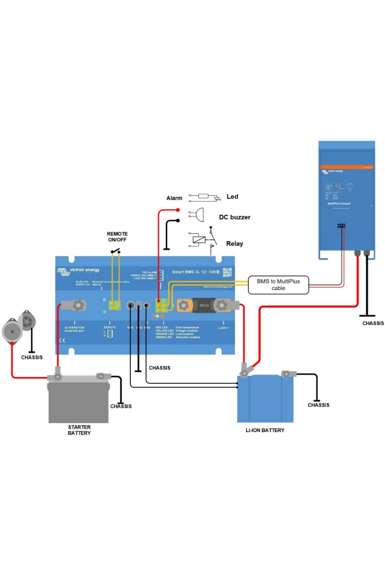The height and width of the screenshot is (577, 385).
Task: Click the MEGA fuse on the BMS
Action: [203, 305]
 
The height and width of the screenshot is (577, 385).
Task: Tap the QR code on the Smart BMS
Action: [227, 272]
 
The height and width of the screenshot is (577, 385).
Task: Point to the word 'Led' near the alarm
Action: [232, 197]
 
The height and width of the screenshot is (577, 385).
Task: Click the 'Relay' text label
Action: [234, 243]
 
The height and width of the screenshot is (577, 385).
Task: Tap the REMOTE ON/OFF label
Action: [117, 236]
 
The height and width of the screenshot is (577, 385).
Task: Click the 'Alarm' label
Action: [174, 198]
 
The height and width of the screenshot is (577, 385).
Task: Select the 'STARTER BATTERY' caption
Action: [79, 430]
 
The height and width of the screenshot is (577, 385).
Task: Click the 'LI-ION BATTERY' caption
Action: [265, 430]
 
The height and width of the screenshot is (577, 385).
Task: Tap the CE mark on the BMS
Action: [62, 341]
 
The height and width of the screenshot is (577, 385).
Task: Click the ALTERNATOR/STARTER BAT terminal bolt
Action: [79, 305]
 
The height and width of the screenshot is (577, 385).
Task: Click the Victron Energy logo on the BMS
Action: [79, 271]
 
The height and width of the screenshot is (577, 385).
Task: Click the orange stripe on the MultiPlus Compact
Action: [346, 167]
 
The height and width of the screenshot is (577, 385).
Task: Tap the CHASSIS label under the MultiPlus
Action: [373, 323]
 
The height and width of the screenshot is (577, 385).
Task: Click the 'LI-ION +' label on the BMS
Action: [224, 328]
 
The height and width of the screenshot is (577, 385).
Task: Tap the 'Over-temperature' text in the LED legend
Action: [187, 327]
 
